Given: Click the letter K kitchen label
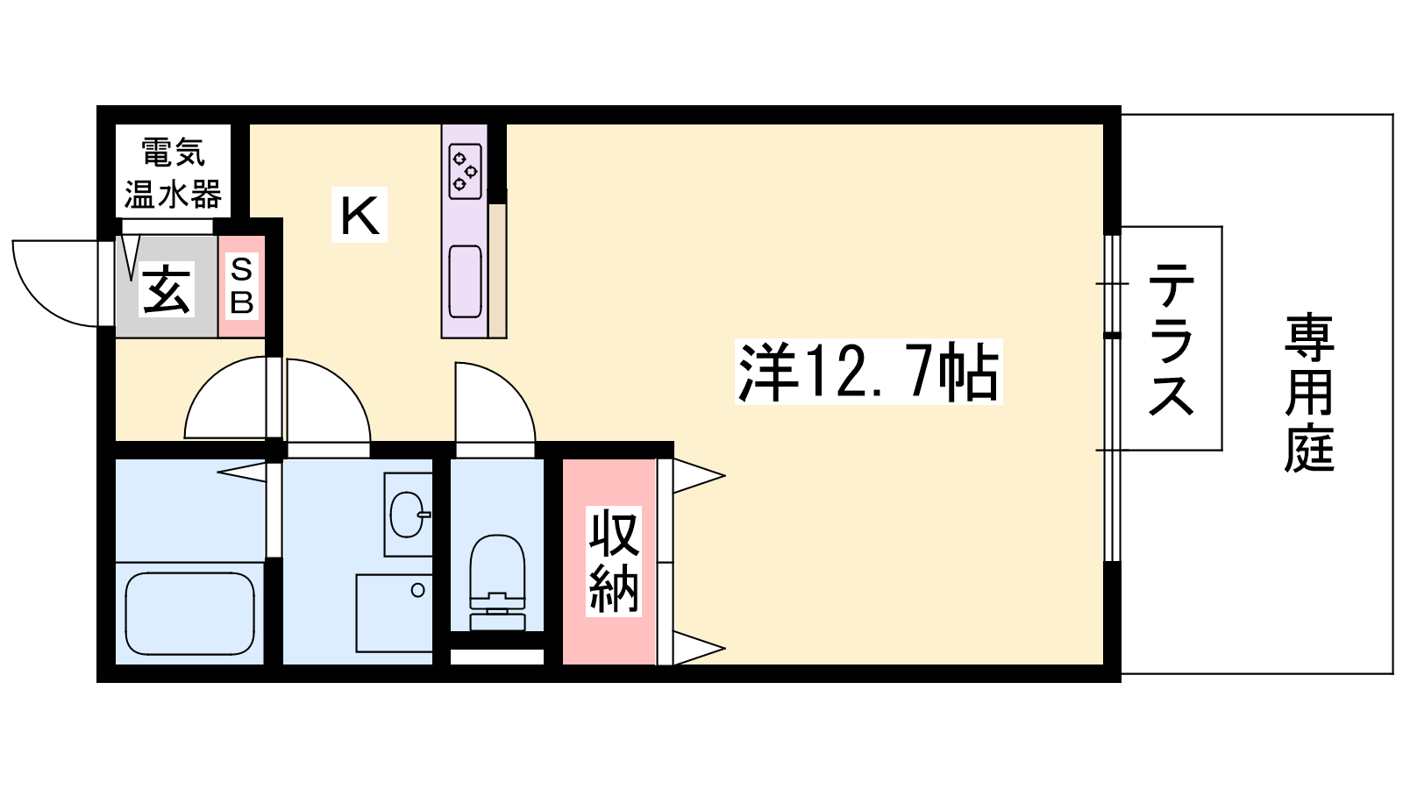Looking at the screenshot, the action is point(360,215).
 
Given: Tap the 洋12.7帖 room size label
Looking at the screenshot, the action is point(869,372).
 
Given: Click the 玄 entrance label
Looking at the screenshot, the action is point(167,288).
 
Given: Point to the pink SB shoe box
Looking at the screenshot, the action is point(242,286).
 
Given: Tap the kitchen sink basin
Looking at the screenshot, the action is point(466,281).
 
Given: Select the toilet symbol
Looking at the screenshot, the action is point(497,582).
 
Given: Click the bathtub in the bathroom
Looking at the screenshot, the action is point(189,614).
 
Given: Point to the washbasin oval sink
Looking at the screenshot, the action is point(408,515).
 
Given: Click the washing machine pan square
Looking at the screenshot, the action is point(395,613).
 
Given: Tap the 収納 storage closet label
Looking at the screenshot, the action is point(614,561).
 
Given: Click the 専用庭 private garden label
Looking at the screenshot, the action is point(1309,394).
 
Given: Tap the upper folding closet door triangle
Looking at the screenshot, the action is point(698,476).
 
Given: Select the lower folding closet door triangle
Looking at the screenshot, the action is point(698,648).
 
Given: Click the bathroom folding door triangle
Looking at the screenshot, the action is point(242,472).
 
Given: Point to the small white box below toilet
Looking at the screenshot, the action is point(496,657).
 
